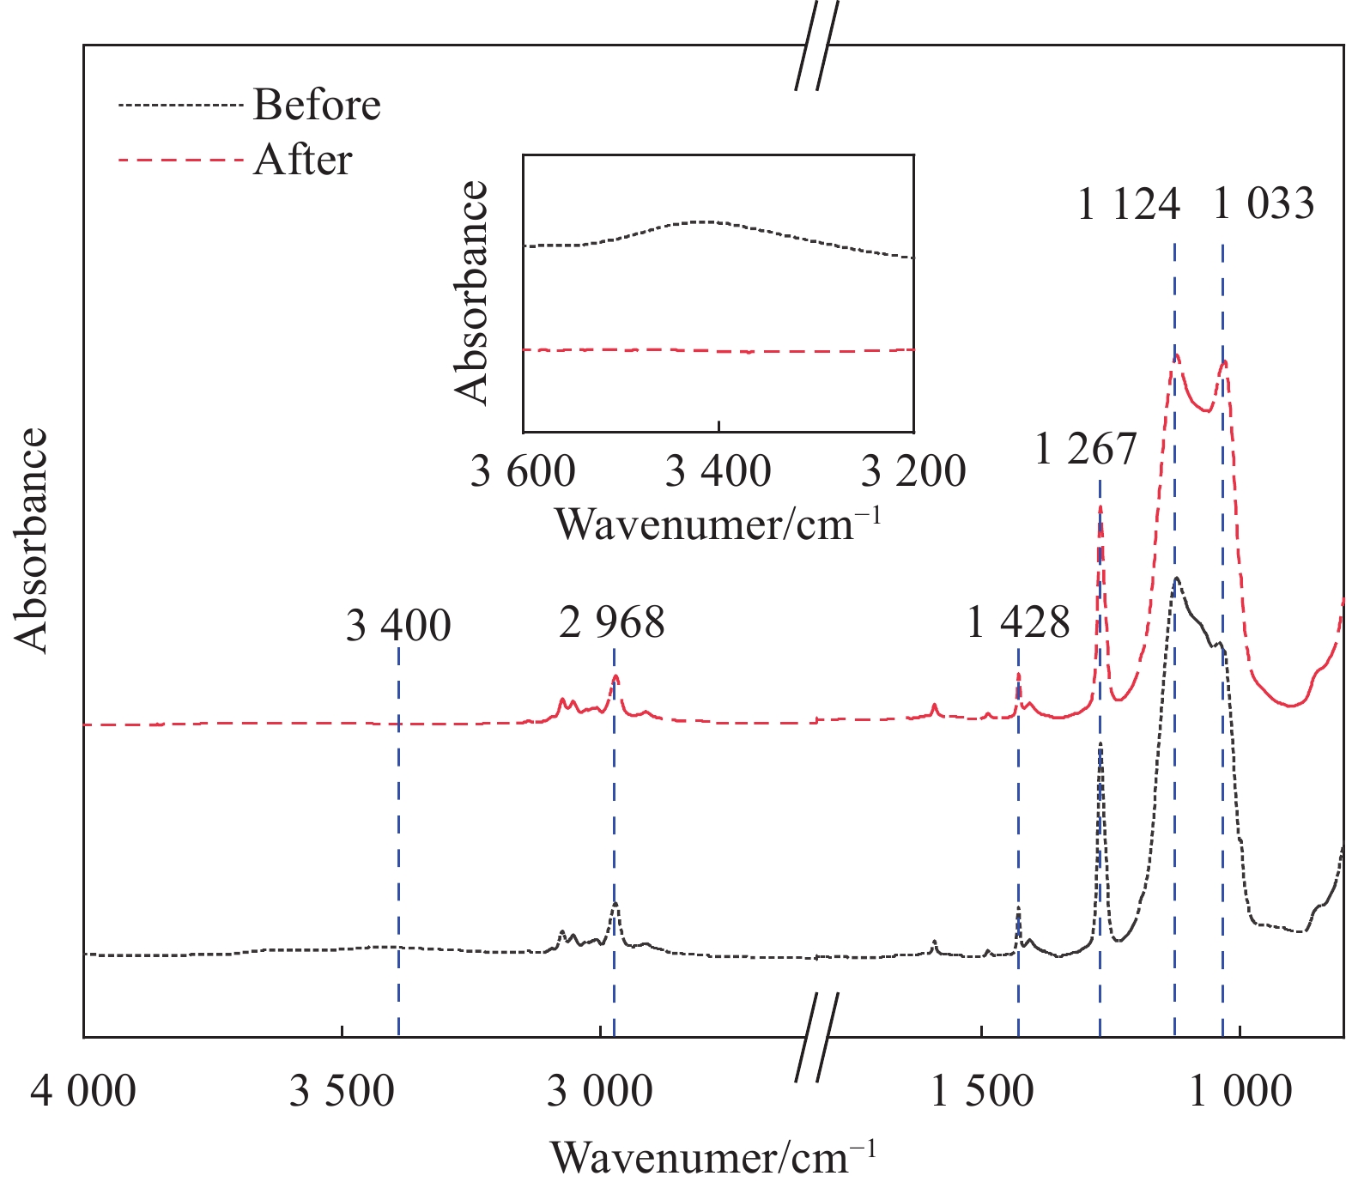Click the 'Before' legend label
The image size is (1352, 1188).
(317, 105)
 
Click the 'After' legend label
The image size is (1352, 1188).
(303, 161)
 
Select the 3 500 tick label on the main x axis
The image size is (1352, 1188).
(342, 1092)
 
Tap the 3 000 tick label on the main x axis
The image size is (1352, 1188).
(600, 1092)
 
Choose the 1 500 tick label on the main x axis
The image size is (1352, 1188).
(981, 1092)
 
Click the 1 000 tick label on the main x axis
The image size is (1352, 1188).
(1240, 1092)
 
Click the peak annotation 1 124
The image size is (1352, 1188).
(1129, 204)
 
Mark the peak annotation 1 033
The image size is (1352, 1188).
(1264, 204)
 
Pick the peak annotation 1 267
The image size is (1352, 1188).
(1086, 449)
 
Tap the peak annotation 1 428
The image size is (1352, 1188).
(1019, 621)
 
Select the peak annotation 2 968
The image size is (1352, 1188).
(612, 621)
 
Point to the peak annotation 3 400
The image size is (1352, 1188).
(398, 625)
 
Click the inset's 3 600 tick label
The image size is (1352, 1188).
(523, 471)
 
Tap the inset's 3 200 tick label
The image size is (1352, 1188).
(913, 471)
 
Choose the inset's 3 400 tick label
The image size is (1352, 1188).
(718, 471)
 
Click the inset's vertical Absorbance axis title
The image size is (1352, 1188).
(472, 293)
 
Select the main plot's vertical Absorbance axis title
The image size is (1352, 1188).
(32, 540)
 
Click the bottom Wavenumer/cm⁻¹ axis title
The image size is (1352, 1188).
(713, 1157)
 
